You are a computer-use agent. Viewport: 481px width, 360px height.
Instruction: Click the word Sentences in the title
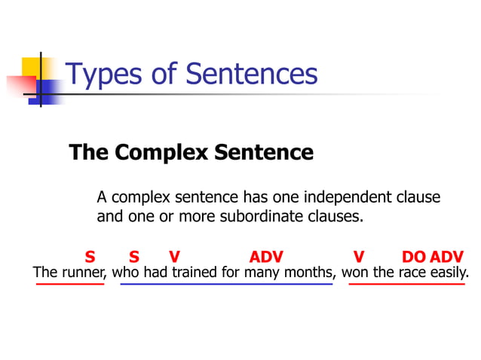[x=251, y=75]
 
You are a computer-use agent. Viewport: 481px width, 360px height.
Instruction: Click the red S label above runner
[x=90, y=257]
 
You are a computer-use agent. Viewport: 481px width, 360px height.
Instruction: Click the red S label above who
[x=133, y=257]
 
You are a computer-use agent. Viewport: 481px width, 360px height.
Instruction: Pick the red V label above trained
[x=175, y=257]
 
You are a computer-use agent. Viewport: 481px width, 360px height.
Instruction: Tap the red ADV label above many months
[x=266, y=257]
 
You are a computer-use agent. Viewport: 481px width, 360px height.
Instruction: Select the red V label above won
[x=359, y=257]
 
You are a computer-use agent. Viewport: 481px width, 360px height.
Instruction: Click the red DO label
[x=414, y=257]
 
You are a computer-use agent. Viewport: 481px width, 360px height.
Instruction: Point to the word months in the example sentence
[x=310, y=273]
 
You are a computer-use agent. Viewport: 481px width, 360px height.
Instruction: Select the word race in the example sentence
[x=412, y=273]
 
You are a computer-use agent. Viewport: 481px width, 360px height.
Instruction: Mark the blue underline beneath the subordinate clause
[x=226, y=285]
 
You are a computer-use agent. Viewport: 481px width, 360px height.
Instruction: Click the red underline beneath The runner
[x=69, y=285]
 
